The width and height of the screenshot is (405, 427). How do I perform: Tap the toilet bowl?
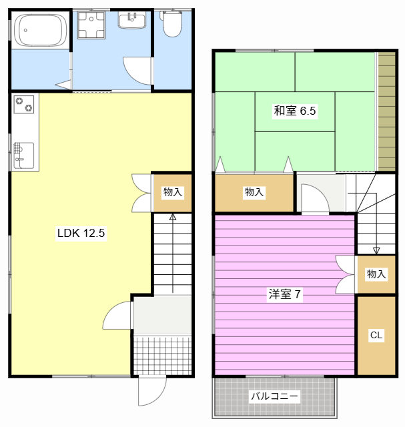pos(172,25)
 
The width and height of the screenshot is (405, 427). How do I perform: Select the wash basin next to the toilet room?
pos(132,20)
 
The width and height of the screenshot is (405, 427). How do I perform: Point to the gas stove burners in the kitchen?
pos(25,105)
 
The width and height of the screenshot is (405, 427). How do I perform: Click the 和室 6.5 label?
pos(294,111)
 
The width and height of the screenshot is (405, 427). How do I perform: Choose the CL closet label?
pos(376,336)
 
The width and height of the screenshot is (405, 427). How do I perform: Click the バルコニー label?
pos(274,396)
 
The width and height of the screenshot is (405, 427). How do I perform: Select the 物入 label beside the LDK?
pos(173,192)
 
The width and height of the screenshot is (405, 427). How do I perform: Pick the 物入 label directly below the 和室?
pos(254,192)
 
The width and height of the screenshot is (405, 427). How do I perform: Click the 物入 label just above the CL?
pos(376,274)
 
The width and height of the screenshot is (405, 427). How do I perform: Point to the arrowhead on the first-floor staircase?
pos(173,217)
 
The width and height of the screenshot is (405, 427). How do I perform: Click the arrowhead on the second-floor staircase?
pos(376,251)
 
